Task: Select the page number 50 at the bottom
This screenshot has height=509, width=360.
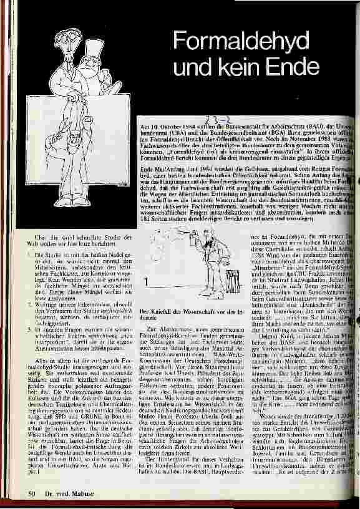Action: click(29, 494)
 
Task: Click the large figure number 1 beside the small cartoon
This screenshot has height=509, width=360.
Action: click(146, 283)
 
